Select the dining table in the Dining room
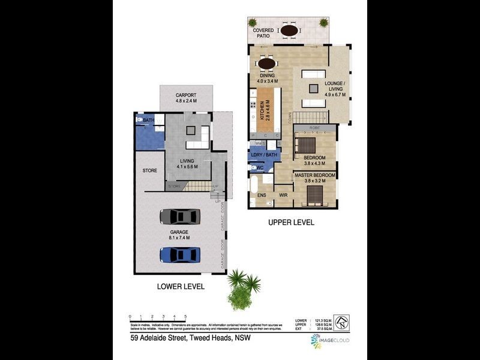266,63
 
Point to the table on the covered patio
290,31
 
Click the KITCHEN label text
262,111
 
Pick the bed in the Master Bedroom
314,194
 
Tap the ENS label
262,196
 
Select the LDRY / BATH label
265,155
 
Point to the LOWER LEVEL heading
181,287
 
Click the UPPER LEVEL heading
290,222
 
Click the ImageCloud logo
330,340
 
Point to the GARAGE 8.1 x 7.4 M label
179,235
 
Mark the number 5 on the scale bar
185,316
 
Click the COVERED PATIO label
263,33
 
